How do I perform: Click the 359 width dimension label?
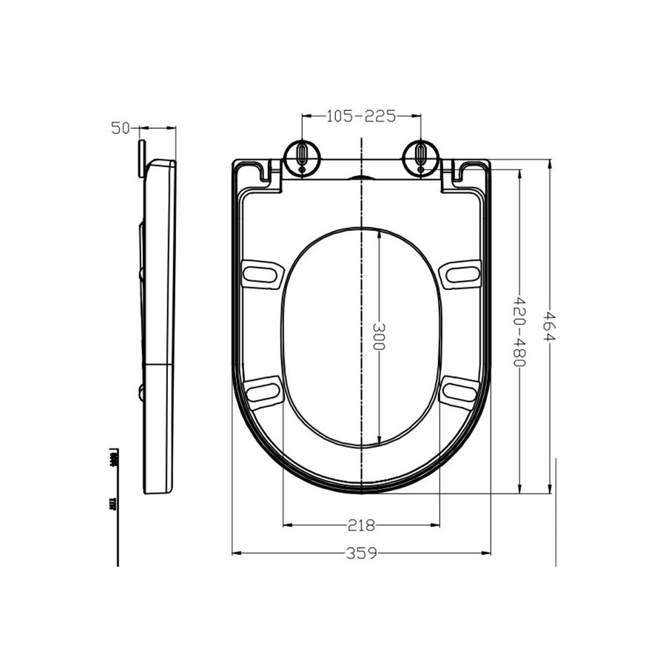tap(362, 553)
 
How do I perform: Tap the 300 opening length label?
tap(379, 337)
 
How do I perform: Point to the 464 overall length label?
tap(549, 326)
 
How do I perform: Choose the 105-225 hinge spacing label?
tap(362, 115)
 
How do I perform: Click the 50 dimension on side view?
tap(121, 128)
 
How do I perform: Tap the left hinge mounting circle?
tap(303, 156)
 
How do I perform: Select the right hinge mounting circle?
tap(420, 156)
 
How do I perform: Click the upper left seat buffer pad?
tap(263, 274)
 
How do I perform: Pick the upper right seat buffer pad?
tap(461, 274)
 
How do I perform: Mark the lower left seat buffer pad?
tap(263, 391)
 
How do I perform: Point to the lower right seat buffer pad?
tap(460, 391)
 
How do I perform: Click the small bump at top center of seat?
tap(361, 178)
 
